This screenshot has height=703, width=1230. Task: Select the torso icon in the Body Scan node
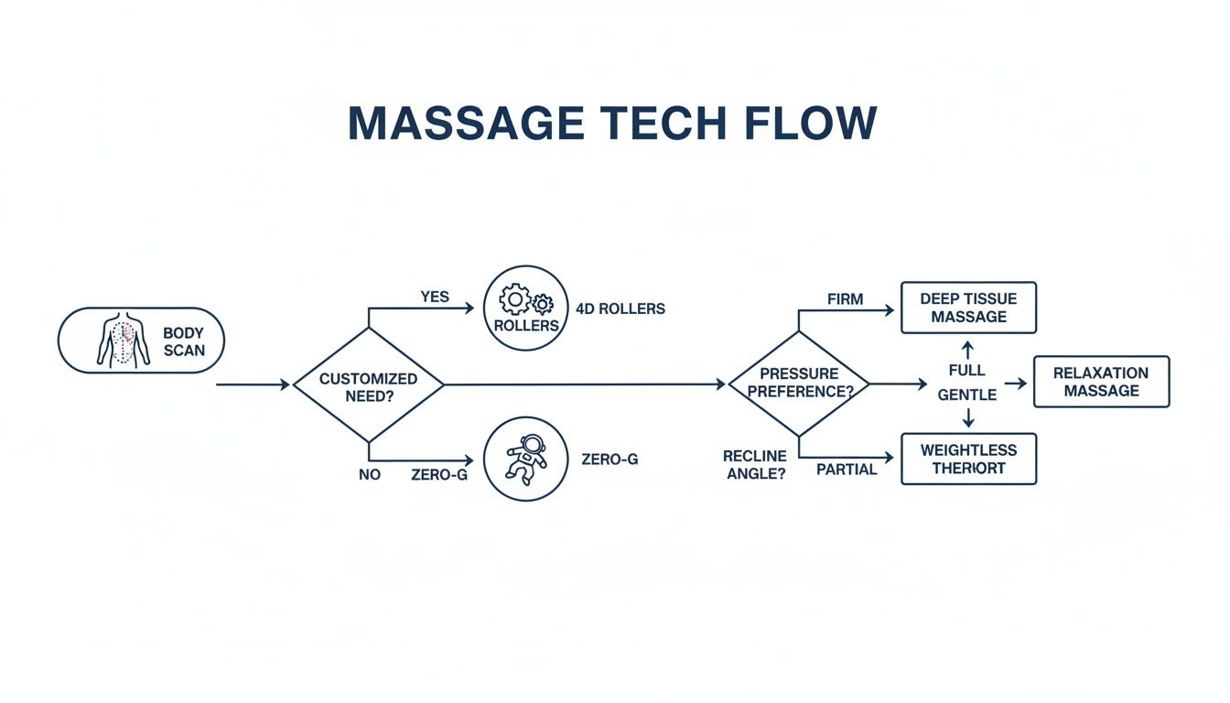click(123, 340)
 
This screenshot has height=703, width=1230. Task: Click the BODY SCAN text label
click(184, 341)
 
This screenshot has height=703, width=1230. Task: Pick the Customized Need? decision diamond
click(368, 385)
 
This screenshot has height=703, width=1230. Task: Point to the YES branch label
click(435, 297)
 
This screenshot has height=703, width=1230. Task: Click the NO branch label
click(369, 475)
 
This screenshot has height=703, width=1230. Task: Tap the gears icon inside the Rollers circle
click(525, 301)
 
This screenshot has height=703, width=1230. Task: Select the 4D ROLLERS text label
click(620, 308)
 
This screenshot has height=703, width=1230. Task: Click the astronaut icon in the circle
click(525, 458)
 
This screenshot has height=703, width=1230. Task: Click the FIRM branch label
click(845, 298)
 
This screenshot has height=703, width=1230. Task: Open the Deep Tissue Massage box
click(968, 308)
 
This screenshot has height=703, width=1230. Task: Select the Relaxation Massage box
click(1101, 382)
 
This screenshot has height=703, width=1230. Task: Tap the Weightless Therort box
click(968, 459)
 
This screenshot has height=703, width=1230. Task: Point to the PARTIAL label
click(847, 470)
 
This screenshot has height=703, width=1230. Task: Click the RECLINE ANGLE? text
click(754, 465)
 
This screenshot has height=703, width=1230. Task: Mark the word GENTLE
click(966, 395)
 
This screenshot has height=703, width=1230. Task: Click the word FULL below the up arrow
click(966, 370)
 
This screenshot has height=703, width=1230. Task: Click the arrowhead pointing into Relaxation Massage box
click(1022, 384)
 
